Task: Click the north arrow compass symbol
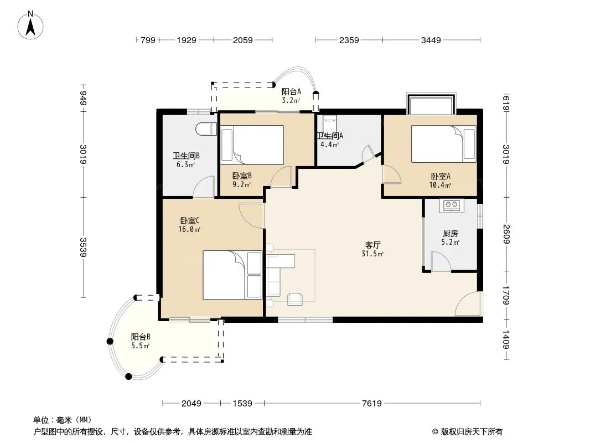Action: coord(30,25)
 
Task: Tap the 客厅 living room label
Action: coord(372,245)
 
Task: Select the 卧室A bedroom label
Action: coord(440,176)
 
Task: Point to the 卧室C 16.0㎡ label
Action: coord(189,225)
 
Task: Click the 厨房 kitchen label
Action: coord(450,234)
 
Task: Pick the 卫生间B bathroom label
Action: coord(186,156)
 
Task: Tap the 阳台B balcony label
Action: coord(141,337)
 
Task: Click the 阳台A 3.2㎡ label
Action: coord(291,96)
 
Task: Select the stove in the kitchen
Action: coord(452,205)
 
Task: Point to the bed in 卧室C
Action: coord(232,275)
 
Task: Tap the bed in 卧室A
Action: coord(444,144)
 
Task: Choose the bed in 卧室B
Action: coord(252,145)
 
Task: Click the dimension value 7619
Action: coord(372,404)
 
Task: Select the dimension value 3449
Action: coord(431,40)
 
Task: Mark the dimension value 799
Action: coord(148,40)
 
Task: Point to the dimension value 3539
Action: coord(83,248)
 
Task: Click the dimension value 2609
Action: coord(506,234)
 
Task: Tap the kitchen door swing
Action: coord(441,261)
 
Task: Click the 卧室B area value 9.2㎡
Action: coord(241,185)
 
